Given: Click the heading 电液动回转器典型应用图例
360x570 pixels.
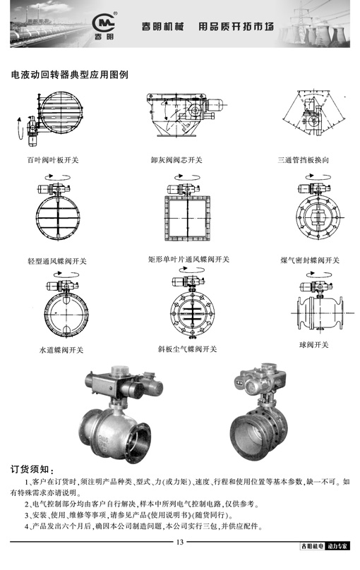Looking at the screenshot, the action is (69, 75).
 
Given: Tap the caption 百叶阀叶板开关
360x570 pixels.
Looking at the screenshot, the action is (53, 160).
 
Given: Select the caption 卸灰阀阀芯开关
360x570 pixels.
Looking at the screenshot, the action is (176, 160).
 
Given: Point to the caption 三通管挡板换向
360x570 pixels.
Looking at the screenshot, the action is (304, 160).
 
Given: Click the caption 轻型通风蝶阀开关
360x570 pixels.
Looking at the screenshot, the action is (57, 261).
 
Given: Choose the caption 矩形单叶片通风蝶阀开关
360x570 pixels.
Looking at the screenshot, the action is (188, 260).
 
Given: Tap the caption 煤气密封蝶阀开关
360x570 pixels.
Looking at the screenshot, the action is (310, 260).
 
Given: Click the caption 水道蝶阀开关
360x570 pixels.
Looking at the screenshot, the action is (61, 350).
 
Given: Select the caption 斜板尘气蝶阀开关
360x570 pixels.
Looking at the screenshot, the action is (187, 349).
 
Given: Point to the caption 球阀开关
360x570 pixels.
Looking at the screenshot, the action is (314, 345).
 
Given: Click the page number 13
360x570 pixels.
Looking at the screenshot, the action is (180, 542).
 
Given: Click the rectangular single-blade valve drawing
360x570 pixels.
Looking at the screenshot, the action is (187, 218).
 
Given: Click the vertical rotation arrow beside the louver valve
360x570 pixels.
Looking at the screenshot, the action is (18, 128).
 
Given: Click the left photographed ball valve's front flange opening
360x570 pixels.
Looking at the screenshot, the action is (138, 442).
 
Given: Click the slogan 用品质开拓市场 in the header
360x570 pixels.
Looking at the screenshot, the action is (236, 27).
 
